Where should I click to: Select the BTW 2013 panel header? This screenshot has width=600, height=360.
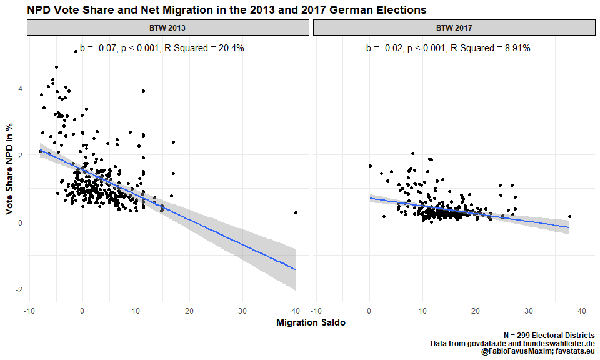[x=168, y=28]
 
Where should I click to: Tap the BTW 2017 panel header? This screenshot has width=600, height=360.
[x=454, y=28]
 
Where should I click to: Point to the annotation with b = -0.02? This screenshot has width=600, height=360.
[x=447, y=48]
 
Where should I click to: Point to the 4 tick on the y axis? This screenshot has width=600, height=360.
[x=21, y=88]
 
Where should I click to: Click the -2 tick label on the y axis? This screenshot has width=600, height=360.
[x=19, y=289]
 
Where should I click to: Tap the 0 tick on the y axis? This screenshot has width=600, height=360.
[x=21, y=222]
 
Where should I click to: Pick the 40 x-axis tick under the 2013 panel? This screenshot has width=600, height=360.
[x=296, y=311]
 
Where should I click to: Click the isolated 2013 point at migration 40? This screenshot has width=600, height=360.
[x=296, y=213]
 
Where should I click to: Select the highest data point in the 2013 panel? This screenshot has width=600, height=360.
[x=76, y=51]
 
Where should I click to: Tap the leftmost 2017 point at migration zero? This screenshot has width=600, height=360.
[x=370, y=166]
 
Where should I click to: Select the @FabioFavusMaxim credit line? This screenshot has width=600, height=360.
[x=537, y=352]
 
